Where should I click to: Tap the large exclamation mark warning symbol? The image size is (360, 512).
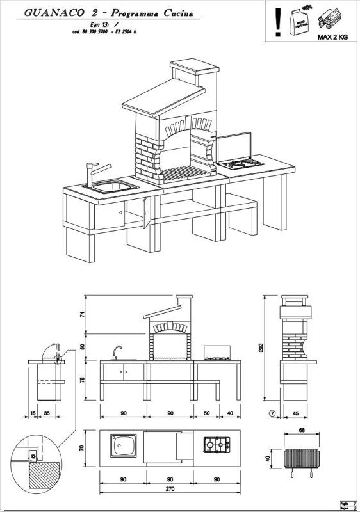[277, 19]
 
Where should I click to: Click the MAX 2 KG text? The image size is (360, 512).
[332, 37]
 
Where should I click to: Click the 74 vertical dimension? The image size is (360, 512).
[82, 314]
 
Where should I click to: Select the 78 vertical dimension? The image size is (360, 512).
[82, 380]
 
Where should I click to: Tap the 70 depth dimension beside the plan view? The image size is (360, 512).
[82, 448]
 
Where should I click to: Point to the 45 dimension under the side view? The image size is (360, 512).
[295, 413]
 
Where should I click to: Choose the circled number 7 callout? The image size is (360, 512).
[272, 413]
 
